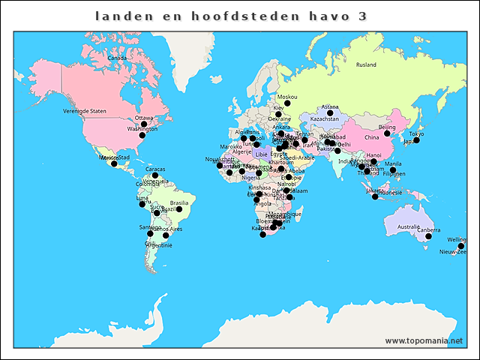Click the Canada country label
click(x=116, y=58)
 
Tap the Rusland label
click(x=366, y=65)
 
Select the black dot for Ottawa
click(x=144, y=124)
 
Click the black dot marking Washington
click(x=142, y=136)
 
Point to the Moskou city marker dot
click(x=286, y=103)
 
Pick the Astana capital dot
click(x=330, y=113)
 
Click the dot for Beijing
click(x=387, y=133)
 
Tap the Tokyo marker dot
click(x=416, y=140)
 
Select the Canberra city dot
click(x=428, y=236)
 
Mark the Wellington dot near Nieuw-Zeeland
click(x=461, y=246)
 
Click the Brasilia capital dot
click(x=179, y=209)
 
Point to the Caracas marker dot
click(x=155, y=175)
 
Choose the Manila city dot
click(x=393, y=170)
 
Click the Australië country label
click(x=408, y=226)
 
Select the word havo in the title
click(x=329, y=16)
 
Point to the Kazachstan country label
click(x=324, y=119)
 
